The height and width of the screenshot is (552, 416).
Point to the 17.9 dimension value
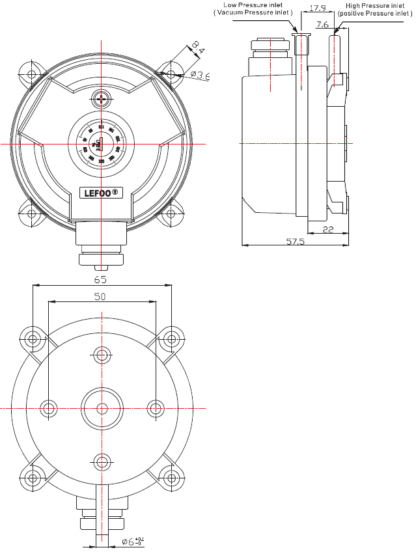(318, 8)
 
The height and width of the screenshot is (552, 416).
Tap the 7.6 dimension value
(322, 25)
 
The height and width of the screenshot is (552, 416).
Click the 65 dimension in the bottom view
(100, 280)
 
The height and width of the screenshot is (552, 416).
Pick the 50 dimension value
(100, 296)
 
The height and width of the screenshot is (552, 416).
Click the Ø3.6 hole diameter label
(200, 76)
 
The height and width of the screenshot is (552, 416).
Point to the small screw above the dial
(101, 99)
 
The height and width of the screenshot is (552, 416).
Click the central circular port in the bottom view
(102, 408)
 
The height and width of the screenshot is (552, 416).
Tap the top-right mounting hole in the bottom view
(171, 338)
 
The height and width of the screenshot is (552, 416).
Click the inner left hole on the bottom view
(49, 408)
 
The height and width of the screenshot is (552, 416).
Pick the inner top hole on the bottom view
(102, 355)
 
